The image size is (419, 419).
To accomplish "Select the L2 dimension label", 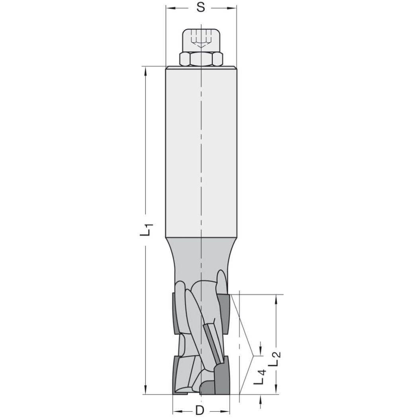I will click(x=275, y=359).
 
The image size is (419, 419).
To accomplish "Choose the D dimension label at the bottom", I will click(x=200, y=410).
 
